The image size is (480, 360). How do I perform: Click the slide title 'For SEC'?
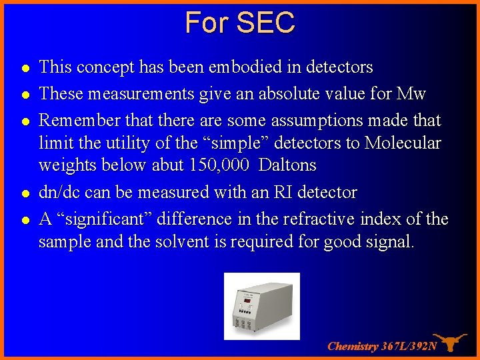[x=240, y=23]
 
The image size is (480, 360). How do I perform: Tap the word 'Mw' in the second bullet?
[x=411, y=94]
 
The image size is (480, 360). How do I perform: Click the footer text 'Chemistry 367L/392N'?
[x=382, y=347]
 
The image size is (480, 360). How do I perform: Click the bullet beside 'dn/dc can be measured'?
[x=25, y=193]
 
